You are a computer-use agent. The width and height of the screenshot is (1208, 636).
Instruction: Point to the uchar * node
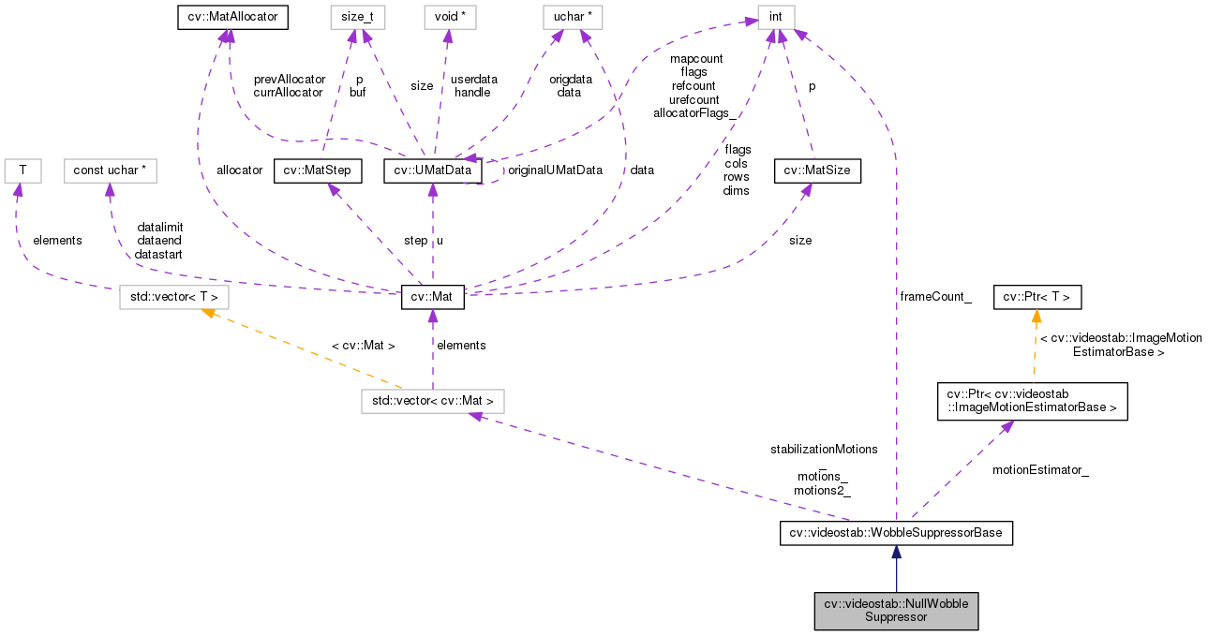(572, 16)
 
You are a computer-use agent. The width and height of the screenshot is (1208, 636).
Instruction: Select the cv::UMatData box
(433, 170)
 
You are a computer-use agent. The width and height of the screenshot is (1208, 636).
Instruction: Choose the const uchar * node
(110, 170)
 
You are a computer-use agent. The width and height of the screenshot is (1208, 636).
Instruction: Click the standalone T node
(16, 170)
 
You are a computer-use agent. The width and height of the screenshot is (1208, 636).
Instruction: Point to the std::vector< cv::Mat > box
(433, 401)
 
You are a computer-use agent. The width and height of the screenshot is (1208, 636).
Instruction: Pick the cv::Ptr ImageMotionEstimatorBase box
(1033, 401)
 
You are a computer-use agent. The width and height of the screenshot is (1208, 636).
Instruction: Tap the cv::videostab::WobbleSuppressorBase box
(896, 533)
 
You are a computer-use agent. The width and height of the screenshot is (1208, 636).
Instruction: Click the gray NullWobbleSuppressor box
(896, 610)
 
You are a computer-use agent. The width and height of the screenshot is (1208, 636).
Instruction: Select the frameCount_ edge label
(935, 296)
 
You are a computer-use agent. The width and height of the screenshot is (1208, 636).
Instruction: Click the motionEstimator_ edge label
(1040, 470)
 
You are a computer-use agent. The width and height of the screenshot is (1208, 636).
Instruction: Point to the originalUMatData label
(554, 170)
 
